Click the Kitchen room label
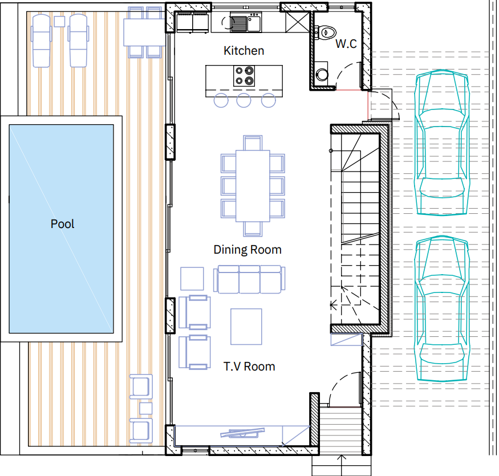[x=244, y=51]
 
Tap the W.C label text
[x=346, y=43]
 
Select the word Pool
[x=62, y=223]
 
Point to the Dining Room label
[x=248, y=250]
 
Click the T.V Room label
[x=249, y=367]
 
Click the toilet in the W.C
[x=326, y=32]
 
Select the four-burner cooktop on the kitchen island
[x=244, y=76]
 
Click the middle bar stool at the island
[x=244, y=100]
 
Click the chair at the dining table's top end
[x=253, y=143]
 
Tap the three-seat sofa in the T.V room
[x=249, y=279]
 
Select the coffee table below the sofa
[x=246, y=327]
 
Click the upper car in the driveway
[x=442, y=142]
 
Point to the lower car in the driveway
[x=442, y=308]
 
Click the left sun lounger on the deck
[x=42, y=40]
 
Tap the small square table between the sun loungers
[x=59, y=22]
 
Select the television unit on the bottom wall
[x=242, y=433]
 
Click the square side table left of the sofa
[x=192, y=279]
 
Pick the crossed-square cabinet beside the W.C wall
[x=297, y=22]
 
